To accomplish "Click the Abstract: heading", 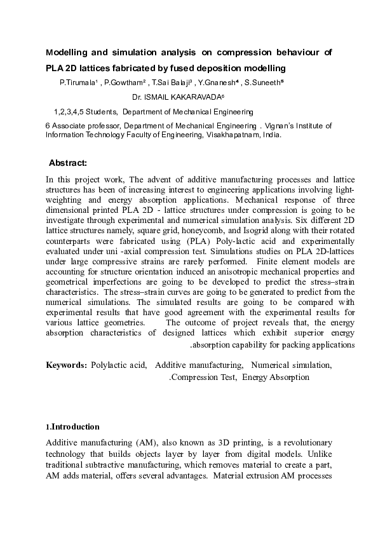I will tap(72, 163).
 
